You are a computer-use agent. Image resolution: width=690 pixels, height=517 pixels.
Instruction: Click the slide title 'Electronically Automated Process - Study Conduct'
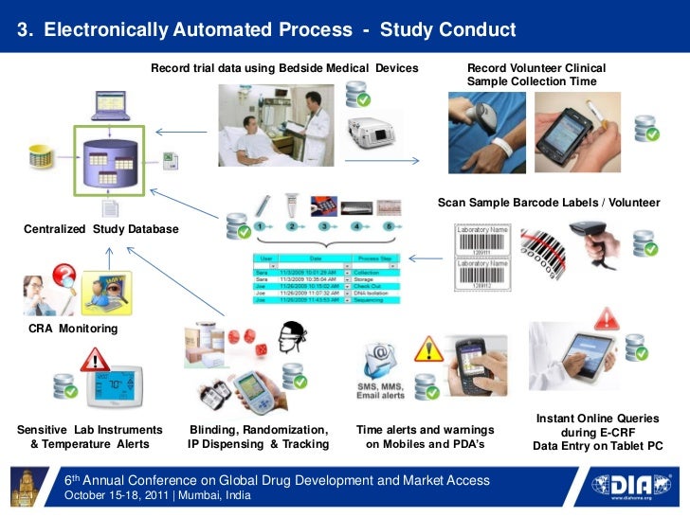[x=267, y=29]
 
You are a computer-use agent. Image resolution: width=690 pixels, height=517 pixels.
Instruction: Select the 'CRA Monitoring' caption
[x=74, y=329]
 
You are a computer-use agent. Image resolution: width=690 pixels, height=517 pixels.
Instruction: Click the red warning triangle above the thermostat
[x=94, y=359]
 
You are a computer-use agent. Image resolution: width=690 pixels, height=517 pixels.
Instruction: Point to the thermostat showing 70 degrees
[x=115, y=387]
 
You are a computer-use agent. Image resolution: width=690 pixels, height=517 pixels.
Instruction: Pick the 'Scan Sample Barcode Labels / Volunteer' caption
[x=548, y=204]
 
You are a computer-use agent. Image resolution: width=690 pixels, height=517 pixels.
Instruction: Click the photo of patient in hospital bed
[x=276, y=126]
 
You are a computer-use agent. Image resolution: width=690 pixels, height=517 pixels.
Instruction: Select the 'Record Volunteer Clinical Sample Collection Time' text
[x=536, y=75]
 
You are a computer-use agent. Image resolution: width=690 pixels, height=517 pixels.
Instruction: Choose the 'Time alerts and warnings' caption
[x=425, y=429]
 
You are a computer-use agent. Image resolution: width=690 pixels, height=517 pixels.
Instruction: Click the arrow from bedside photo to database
[x=176, y=133]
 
